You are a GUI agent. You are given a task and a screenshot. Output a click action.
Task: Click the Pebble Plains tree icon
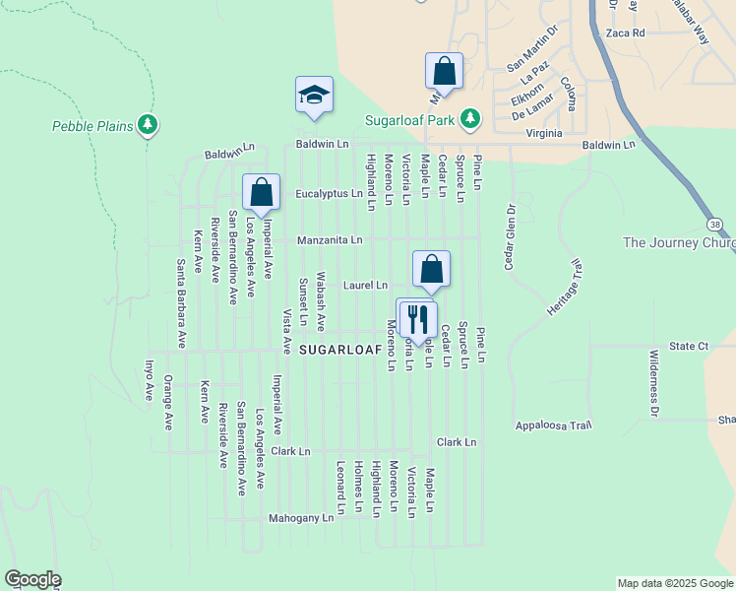coord(148,125)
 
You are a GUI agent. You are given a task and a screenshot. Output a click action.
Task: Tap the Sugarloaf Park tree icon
coord(471,118)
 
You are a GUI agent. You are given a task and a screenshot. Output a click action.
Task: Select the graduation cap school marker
coord(314,96)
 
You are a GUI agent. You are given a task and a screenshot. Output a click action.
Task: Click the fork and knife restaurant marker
coord(418,319)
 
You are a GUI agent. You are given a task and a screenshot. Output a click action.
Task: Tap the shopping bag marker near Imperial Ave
coord(261,193)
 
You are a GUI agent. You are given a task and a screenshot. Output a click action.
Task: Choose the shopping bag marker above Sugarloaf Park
coord(444,72)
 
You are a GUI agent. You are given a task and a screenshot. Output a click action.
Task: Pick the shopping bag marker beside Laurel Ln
coord(431,269)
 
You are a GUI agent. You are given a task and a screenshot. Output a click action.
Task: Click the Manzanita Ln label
coord(330,239)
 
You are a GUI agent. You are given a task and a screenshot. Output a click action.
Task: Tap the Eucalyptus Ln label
coord(329,195)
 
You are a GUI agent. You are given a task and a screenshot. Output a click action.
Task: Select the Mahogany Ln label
coord(301,518)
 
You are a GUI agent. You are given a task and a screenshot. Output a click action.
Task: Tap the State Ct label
coord(688,347)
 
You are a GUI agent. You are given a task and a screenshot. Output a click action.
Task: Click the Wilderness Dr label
coord(653,383)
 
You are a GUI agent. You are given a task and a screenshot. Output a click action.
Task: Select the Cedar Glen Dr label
coord(510,236)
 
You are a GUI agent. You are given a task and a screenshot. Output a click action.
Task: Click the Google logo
coord(32,579)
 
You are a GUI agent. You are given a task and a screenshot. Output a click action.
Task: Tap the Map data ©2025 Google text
coord(674,583)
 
